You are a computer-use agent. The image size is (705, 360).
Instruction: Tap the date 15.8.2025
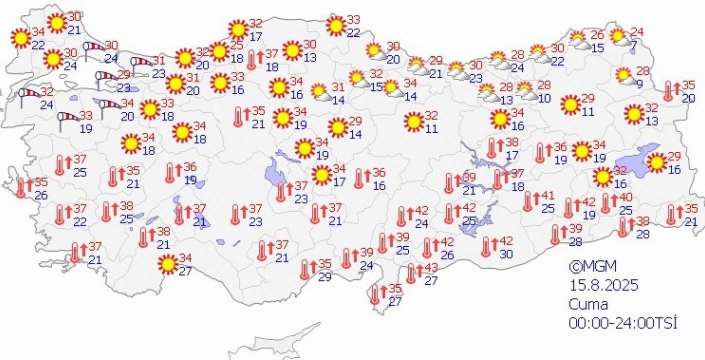click(597, 283)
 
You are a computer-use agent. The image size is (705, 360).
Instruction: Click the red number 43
click(431, 268)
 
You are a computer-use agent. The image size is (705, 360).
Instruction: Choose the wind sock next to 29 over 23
click(104, 79)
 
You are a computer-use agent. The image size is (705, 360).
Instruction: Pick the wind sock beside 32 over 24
click(26, 97)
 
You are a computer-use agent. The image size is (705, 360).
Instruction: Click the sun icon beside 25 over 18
click(219, 51)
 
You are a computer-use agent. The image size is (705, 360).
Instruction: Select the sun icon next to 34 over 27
click(167, 265)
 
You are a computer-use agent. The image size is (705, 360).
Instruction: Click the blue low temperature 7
click(634, 47)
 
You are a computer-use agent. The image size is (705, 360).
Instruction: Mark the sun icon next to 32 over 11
click(411, 122)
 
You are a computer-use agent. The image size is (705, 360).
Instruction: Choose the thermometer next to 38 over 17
click(491, 148)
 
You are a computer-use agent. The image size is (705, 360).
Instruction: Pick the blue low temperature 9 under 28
click(640, 84)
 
